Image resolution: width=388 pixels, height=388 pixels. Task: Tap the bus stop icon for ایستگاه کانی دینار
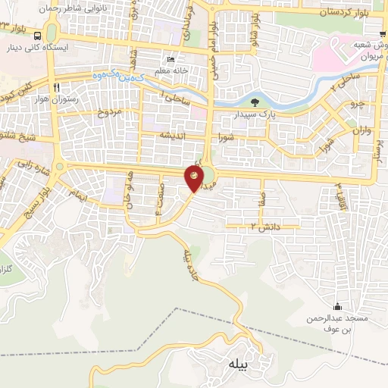pos(38,47)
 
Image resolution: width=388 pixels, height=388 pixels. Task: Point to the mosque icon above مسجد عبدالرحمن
pos(337,305)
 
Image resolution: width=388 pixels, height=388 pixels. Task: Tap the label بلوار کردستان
pos(343,11)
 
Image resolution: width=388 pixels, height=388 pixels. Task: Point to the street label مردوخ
pos(108,113)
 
